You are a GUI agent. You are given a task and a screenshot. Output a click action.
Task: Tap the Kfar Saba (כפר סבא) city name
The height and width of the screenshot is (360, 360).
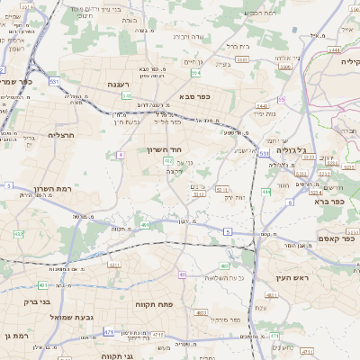194,95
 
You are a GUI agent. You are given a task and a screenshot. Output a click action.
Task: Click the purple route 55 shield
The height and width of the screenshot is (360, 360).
281,100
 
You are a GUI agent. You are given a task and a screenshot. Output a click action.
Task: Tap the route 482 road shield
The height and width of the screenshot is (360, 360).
18,235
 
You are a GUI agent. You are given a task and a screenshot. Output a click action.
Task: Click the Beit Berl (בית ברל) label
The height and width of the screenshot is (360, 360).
238,45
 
